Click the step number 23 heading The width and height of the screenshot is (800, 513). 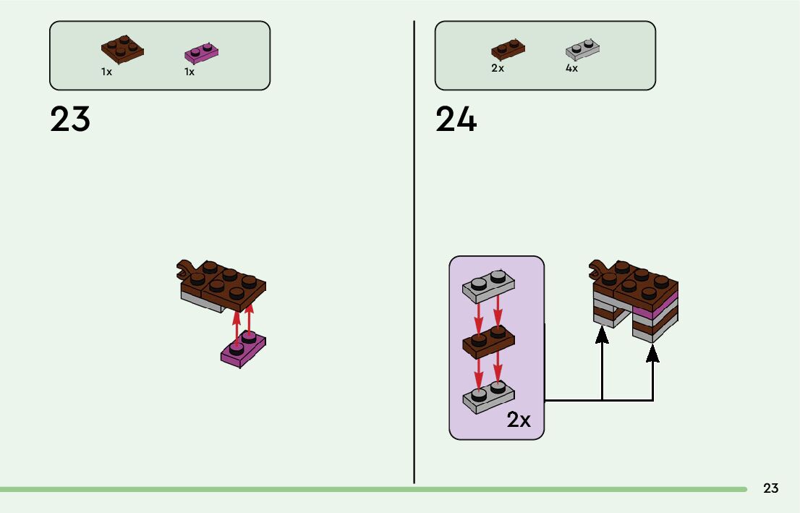70,119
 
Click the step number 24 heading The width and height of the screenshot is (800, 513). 456,119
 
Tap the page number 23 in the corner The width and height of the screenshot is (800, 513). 771,488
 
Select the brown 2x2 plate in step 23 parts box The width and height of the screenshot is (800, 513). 122,50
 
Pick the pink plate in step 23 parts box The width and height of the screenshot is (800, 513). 202,53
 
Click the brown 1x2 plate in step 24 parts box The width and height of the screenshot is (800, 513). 508,50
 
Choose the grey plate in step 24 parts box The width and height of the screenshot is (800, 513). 582,50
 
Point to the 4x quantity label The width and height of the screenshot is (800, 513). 571,69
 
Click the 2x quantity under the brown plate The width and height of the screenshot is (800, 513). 498,69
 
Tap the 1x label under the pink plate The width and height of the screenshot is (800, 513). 190,72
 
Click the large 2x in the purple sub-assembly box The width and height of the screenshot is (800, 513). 519,420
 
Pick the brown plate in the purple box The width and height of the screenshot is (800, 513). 488,342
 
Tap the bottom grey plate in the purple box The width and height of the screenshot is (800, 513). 488,397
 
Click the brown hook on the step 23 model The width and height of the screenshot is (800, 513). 187,268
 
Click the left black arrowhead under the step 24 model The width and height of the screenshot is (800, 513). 602,335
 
